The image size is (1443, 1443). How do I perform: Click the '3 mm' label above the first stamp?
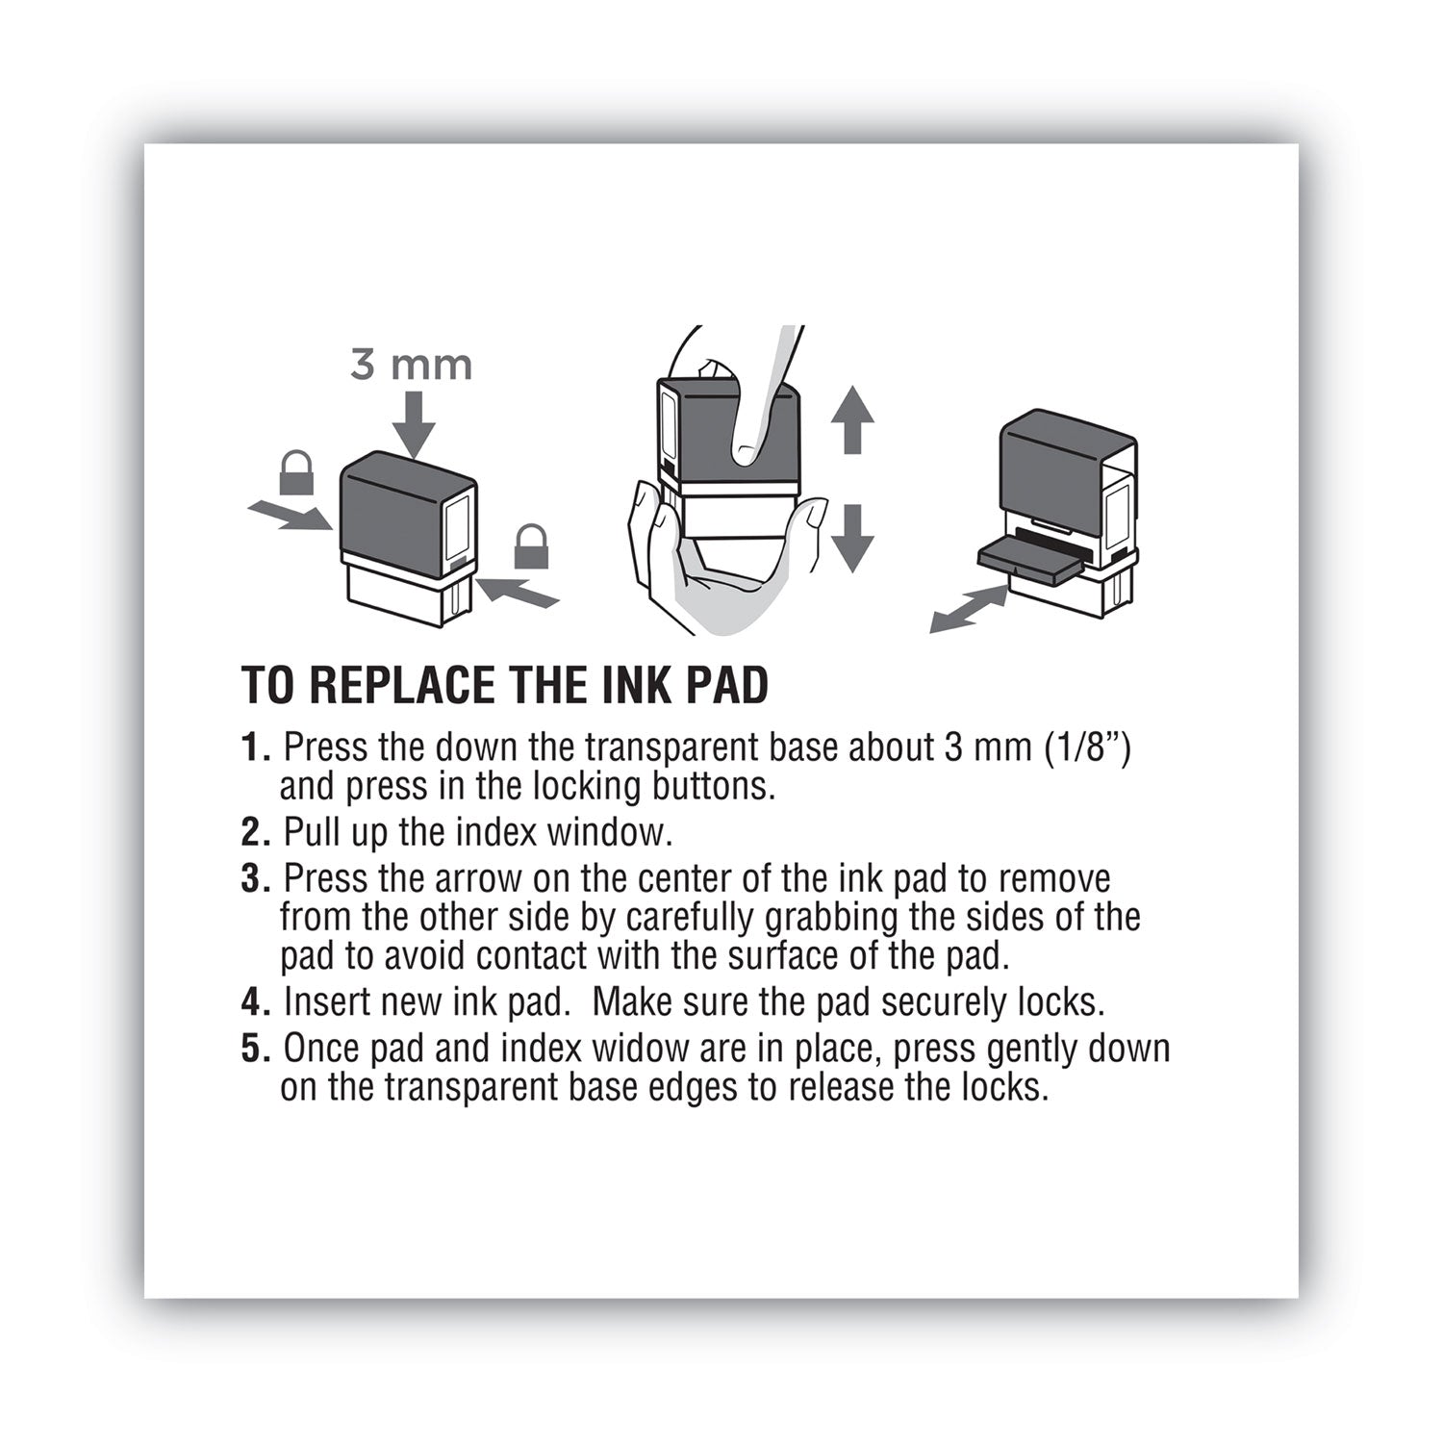tap(411, 366)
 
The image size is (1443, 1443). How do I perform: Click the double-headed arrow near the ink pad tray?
tap(969, 612)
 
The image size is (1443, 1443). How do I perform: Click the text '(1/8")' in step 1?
tap(1087, 747)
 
